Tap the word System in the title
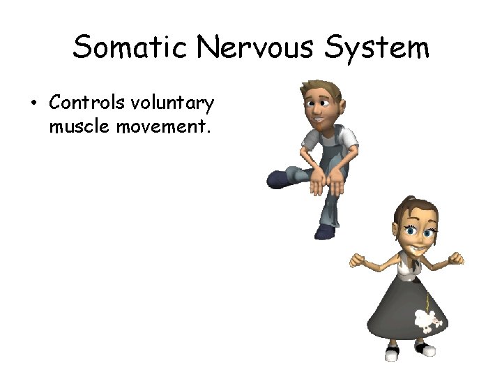click(386, 49)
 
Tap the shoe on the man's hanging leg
click(326, 231)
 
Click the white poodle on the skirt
click(427, 319)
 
